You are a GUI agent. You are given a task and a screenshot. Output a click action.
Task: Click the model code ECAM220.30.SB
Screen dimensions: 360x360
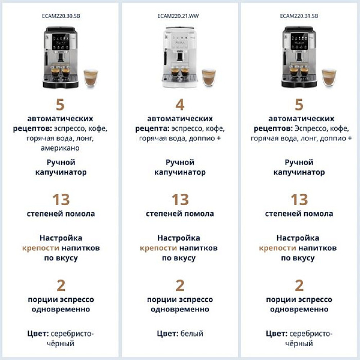[61, 16]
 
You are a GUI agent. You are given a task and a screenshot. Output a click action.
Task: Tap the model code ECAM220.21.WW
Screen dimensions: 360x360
[178, 16]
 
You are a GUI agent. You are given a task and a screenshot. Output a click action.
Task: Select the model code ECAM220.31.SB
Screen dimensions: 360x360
[299, 16]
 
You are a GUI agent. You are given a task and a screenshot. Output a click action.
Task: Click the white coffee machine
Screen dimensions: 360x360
[179, 57]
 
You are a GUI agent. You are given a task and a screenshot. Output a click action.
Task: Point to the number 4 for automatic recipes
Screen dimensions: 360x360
[180, 105]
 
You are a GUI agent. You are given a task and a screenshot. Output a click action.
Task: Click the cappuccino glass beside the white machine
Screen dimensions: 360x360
[209, 78]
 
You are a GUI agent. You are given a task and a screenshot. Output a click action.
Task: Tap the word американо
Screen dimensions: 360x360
[60, 148]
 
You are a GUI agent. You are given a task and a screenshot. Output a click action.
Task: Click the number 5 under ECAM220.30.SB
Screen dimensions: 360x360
[60, 105]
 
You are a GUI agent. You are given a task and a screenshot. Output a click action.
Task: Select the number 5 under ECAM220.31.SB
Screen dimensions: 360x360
[299, 105]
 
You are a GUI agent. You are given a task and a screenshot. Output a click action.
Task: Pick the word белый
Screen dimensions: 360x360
[192, 333]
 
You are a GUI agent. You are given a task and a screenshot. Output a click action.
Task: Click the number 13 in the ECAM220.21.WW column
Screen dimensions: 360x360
[180, 199]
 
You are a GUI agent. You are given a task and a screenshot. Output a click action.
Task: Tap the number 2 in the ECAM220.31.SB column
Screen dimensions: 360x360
[299, 285]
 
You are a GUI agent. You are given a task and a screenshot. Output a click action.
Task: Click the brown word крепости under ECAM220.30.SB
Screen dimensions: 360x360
[41, 248]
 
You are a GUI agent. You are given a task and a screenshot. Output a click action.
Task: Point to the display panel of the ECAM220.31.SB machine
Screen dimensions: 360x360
[299, 41]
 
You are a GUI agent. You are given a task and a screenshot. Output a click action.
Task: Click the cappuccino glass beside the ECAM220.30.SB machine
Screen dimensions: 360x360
[90, 78]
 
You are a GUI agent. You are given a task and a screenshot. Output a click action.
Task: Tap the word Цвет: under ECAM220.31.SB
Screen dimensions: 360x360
[276, 333]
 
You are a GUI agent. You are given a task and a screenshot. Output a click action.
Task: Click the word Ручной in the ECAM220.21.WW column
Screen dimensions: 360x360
[180, 162]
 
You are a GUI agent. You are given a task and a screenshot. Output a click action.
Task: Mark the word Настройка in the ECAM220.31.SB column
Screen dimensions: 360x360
[298, 238]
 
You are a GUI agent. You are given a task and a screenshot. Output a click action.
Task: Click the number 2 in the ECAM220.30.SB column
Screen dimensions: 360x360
[61, 285]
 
